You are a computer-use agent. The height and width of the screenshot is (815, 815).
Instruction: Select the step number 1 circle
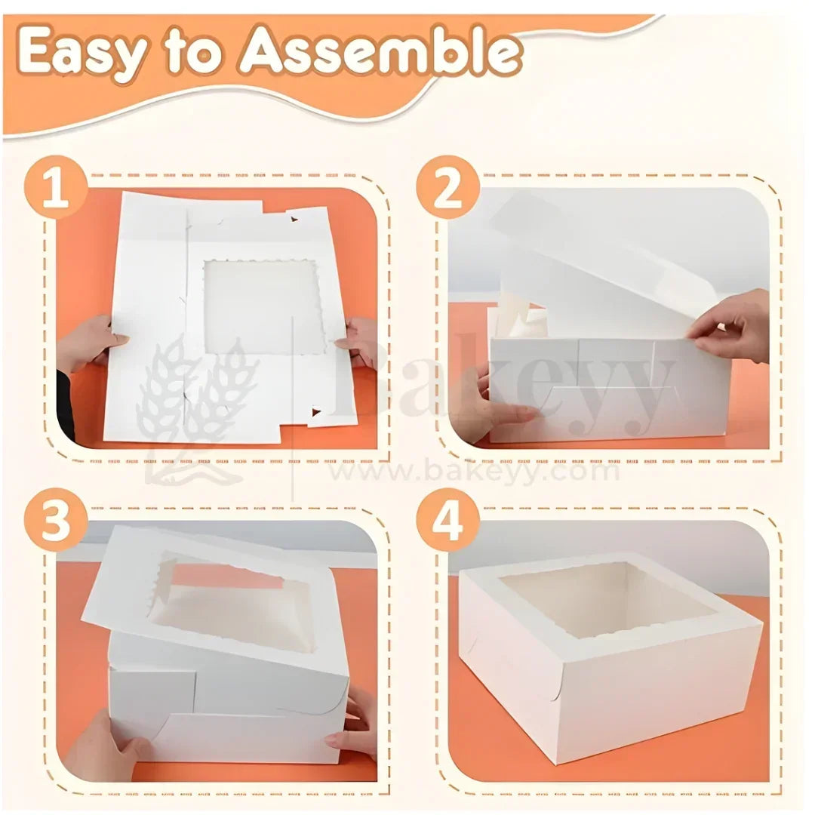click(x=55, y=189)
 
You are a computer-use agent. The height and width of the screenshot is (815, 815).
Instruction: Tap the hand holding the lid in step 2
click(x=732, y=324)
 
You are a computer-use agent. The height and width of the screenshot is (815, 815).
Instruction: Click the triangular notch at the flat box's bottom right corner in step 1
click(x=315, y=412)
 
